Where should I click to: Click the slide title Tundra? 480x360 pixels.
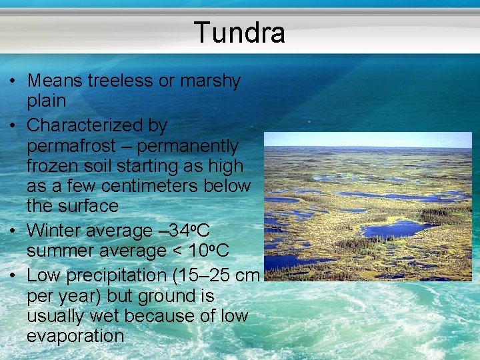239,33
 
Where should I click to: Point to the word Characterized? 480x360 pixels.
97,125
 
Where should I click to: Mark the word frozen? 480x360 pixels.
55,165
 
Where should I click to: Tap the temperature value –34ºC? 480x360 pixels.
184,231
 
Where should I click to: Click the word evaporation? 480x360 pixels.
75,336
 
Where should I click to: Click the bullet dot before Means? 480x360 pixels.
13,81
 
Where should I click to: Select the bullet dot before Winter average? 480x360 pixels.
13,231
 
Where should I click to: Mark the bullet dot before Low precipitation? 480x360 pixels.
13,275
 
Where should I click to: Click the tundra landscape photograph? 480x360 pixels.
367,206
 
